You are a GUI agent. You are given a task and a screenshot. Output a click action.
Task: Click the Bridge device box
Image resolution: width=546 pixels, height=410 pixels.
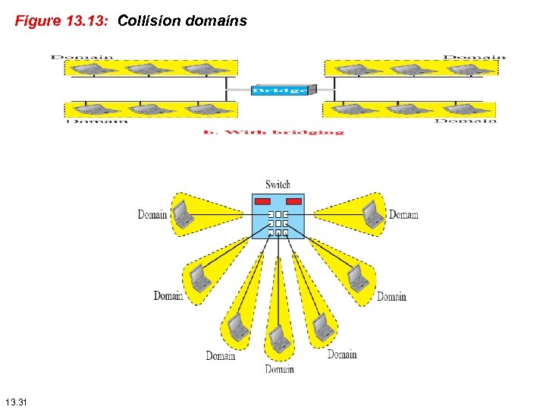coord(280,90)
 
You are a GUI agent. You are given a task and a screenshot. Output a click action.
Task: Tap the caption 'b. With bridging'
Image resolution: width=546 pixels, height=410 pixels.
coord(273,131)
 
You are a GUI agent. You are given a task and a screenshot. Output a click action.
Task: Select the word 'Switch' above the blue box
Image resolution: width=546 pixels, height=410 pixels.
coord(278,184)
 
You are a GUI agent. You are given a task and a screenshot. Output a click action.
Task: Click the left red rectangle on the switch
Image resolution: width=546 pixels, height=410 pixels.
coord(262,202)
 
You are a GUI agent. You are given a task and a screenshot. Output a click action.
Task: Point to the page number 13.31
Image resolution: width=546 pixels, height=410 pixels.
coord(16,400)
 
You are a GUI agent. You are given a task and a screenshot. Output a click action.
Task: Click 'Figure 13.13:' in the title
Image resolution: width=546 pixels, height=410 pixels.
coord(64,21)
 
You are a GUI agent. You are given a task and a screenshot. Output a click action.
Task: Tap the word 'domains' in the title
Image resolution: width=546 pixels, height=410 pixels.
coord(218,21)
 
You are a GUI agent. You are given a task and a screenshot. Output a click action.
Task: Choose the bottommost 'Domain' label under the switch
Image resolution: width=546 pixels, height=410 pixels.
coord(279,369)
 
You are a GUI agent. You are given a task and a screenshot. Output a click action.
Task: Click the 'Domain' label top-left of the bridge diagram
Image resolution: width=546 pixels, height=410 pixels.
coord(82,56)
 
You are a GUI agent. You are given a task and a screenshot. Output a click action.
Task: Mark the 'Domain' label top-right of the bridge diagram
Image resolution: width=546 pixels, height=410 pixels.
coord(474,56)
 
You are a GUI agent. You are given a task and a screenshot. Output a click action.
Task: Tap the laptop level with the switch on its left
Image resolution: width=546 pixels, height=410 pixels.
coord(183,214)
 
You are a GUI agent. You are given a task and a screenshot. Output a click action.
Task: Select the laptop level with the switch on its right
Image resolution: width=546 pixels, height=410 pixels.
coord(372,214)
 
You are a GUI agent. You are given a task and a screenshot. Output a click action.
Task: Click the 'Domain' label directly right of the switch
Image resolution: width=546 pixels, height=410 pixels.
coord(403,215)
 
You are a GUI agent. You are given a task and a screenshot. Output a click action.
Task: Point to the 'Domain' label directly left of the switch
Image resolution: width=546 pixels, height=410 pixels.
coord(152,215)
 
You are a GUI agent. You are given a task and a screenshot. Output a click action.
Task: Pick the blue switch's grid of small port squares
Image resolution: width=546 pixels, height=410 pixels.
coord(278,223)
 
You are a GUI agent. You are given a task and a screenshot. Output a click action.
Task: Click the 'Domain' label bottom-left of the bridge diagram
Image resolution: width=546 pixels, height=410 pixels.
coord(97,121)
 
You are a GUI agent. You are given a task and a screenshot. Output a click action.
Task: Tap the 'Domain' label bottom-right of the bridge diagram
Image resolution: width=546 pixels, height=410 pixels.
coord(466,120)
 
